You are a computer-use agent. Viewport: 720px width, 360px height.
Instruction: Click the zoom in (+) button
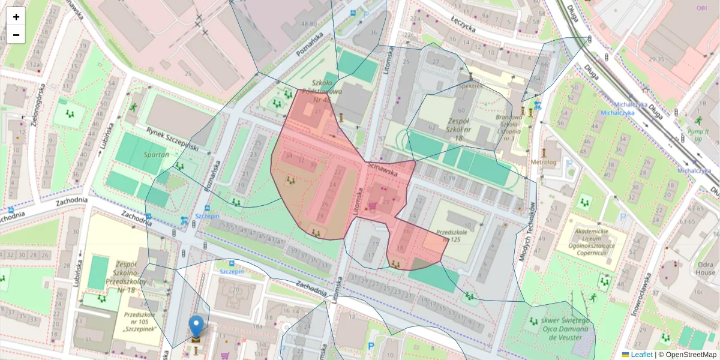coord(16,17)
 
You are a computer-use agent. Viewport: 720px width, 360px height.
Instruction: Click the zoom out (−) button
coord(16,35)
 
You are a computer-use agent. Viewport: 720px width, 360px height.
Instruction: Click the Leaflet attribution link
coord(641,355)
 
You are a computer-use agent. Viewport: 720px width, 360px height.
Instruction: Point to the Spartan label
coord(139,154)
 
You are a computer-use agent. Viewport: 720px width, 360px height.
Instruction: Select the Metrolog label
coord(544,162)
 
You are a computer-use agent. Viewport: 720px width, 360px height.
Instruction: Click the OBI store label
coord(701,8)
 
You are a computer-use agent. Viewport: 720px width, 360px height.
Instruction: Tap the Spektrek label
coord(470,86)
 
